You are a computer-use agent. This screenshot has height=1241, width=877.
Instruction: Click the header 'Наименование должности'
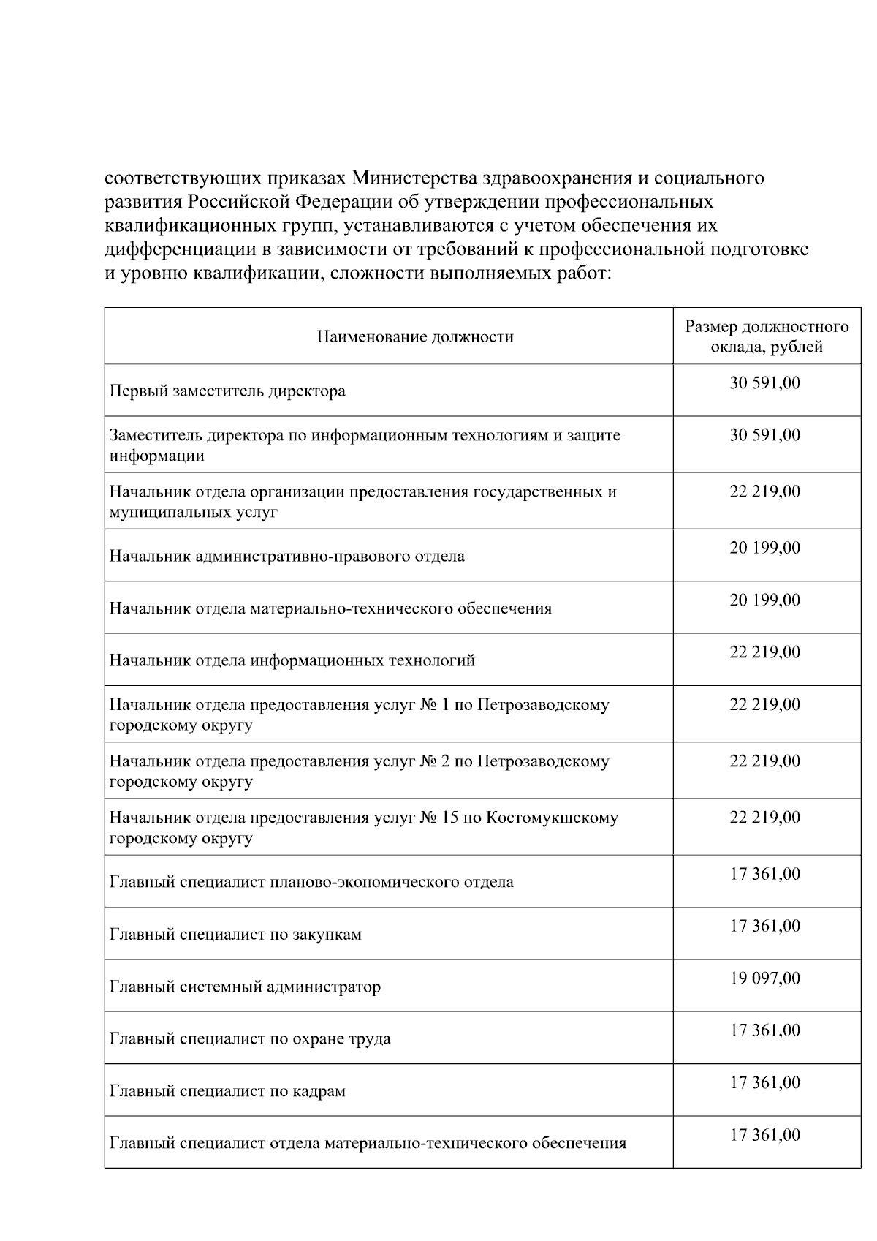click(415, 337)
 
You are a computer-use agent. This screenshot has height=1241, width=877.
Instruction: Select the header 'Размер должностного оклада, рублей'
click(767, 336)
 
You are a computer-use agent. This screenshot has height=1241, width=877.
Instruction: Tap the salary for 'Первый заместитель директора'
click(765, 382)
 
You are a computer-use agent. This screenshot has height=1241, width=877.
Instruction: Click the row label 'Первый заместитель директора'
click(227, 391)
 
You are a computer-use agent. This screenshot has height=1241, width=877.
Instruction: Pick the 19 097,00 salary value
click(765, 978)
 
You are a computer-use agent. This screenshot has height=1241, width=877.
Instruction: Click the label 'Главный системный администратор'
click(245, 987)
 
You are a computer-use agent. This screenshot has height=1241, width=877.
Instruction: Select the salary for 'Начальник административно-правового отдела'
click(765, 548)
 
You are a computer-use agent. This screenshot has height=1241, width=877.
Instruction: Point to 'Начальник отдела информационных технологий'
click(292, 661)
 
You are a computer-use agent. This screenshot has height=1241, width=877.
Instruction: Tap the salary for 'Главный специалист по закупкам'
click(765, 927)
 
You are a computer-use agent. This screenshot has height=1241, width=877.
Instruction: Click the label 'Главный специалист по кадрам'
click(227, 1092)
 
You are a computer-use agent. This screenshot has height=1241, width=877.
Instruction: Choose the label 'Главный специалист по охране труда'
click(250, 1039)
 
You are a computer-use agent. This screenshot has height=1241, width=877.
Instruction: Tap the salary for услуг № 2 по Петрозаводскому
click(765, 761)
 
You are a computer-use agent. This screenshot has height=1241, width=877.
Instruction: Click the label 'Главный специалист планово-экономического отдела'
click(311, 883)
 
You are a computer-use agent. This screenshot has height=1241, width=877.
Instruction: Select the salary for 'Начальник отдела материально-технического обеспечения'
click(765, 600)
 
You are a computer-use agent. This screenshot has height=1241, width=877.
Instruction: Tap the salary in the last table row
click(765, 1135)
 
